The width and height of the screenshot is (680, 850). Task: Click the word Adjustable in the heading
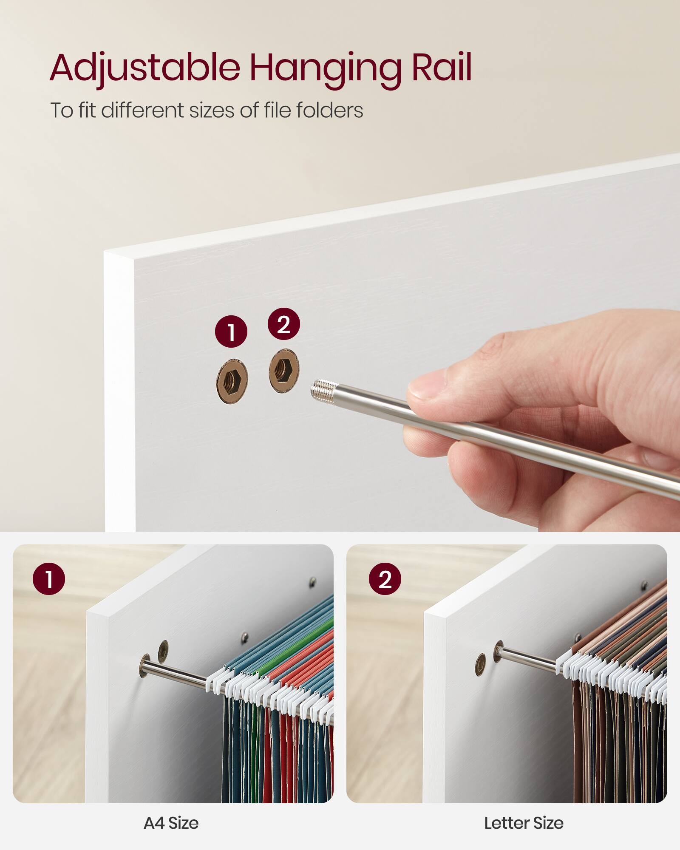tap(144, 68)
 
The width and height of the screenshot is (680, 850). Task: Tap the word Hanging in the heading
tap(325, 68)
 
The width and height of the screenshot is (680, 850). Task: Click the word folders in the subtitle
tap(329, 110)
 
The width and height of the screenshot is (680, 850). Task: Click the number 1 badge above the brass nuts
tap(231, 331)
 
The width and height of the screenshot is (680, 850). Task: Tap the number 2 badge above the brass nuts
tap(283, 324)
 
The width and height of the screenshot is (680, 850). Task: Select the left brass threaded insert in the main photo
tap(232, 381)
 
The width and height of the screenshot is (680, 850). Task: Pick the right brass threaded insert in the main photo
tap(284, 371)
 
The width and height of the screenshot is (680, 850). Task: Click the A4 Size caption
tap(171, 823)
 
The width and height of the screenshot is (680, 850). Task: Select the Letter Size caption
tap(524, 823)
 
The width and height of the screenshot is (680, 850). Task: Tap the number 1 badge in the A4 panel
tap(49, 579)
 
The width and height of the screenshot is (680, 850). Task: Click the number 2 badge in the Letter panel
tap(385, 579)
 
